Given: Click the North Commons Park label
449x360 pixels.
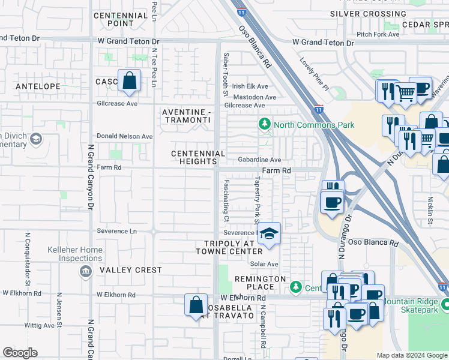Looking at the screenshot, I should [314, 125].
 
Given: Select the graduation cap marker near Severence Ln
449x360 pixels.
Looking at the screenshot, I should [270, 233].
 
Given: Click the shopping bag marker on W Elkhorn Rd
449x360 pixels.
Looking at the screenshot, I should [196, 305].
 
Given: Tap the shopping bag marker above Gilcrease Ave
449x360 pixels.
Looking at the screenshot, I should [129, 80].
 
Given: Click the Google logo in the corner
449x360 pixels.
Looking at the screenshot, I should [20, 353].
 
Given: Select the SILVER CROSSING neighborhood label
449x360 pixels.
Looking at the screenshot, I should [369, 14].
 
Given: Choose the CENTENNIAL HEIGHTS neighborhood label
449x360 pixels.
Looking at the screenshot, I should [198, 157].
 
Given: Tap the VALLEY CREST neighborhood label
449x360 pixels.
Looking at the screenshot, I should [131, 270].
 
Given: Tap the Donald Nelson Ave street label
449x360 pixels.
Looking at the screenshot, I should [125, 136].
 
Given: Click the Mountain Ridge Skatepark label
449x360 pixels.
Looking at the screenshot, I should [414, 305].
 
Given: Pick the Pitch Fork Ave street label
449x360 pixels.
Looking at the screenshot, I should [378, 34].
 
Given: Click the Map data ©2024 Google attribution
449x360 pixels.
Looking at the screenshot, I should [412, 355].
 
